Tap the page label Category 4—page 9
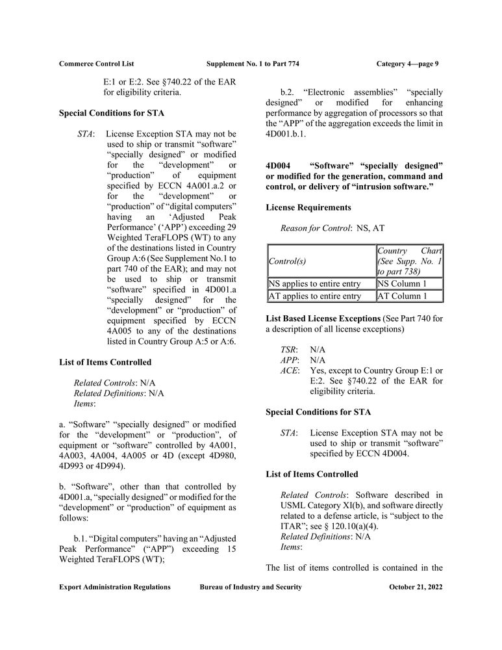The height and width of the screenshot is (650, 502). (407, 64)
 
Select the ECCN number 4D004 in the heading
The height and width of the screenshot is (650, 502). (280, 164)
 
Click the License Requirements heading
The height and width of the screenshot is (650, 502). (308, 207)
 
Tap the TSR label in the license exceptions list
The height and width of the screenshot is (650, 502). (288, 349)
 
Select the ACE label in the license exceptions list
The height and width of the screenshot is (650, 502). (290, 370)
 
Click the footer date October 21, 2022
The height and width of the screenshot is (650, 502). (416, 587)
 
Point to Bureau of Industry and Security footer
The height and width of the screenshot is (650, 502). (251, 587)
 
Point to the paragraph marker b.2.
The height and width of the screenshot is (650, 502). (287, 92)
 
